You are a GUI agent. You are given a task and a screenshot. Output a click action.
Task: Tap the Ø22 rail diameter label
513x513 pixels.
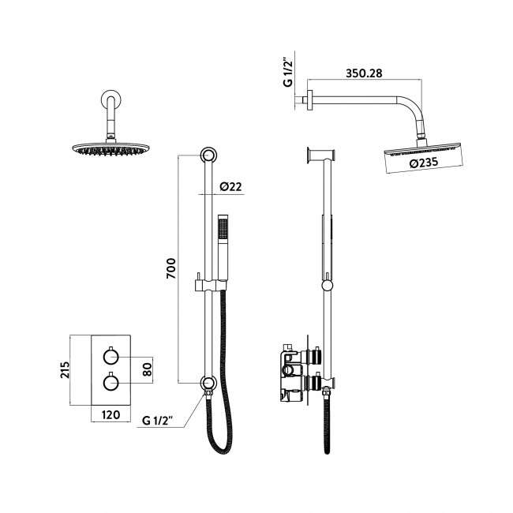230,187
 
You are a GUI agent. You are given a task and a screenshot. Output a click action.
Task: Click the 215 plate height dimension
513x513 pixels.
66,370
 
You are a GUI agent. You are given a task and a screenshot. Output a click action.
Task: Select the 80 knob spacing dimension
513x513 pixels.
146,368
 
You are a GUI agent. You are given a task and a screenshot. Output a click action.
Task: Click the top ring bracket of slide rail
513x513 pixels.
208,155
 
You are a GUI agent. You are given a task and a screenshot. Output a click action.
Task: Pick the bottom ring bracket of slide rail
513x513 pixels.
208,384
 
